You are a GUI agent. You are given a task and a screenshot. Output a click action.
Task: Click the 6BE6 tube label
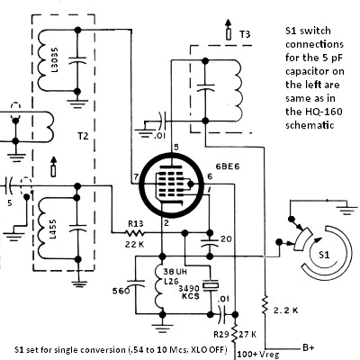[228, 166]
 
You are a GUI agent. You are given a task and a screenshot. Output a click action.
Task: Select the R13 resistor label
[136, 224]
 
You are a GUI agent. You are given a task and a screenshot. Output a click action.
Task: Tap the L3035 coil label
[55, 59]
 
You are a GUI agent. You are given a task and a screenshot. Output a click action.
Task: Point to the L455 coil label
[53, 229]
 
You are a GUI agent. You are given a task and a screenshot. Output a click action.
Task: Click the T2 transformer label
[83, 136]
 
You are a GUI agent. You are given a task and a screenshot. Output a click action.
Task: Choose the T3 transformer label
[245, 34]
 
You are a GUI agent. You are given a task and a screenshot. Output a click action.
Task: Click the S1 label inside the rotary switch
[324, 255]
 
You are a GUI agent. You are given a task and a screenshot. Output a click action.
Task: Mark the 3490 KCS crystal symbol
[211, 286]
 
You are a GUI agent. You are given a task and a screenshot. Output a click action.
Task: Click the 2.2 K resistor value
[286, 310]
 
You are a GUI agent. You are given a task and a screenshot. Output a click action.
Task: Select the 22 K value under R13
[135, 244]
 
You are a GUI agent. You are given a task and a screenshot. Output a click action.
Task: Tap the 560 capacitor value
[121, 291]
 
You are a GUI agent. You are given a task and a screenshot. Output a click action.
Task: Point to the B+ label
[309, 347]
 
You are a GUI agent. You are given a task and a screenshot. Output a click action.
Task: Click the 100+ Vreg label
[258, 355]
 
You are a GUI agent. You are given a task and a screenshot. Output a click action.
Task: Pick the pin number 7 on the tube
[136, 177]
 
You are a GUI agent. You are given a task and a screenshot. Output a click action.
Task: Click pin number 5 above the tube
[176, 147]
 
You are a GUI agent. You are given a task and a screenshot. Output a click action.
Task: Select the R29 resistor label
[222, 334]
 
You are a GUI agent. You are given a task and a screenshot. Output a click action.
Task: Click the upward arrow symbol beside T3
[229, 30]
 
